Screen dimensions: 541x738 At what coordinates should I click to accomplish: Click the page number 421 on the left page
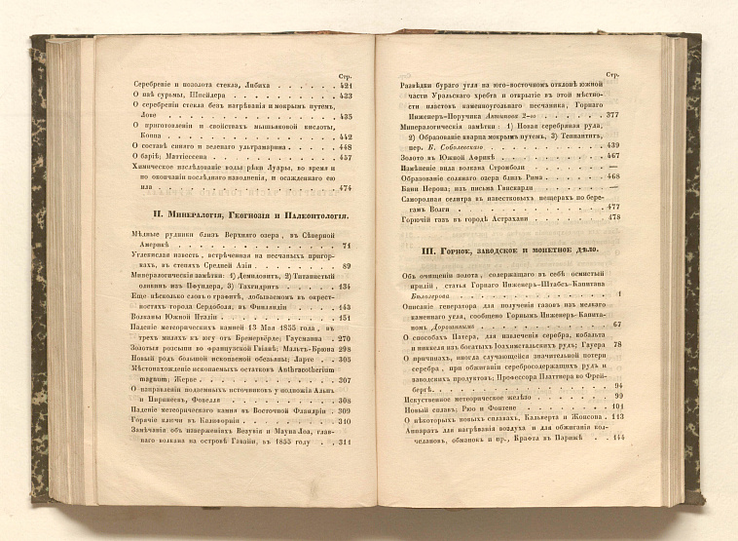tap(345, 86)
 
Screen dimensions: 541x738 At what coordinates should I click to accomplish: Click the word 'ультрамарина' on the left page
tap(254, 146)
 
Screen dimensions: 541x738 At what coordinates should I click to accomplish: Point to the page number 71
tap(347, 247)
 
